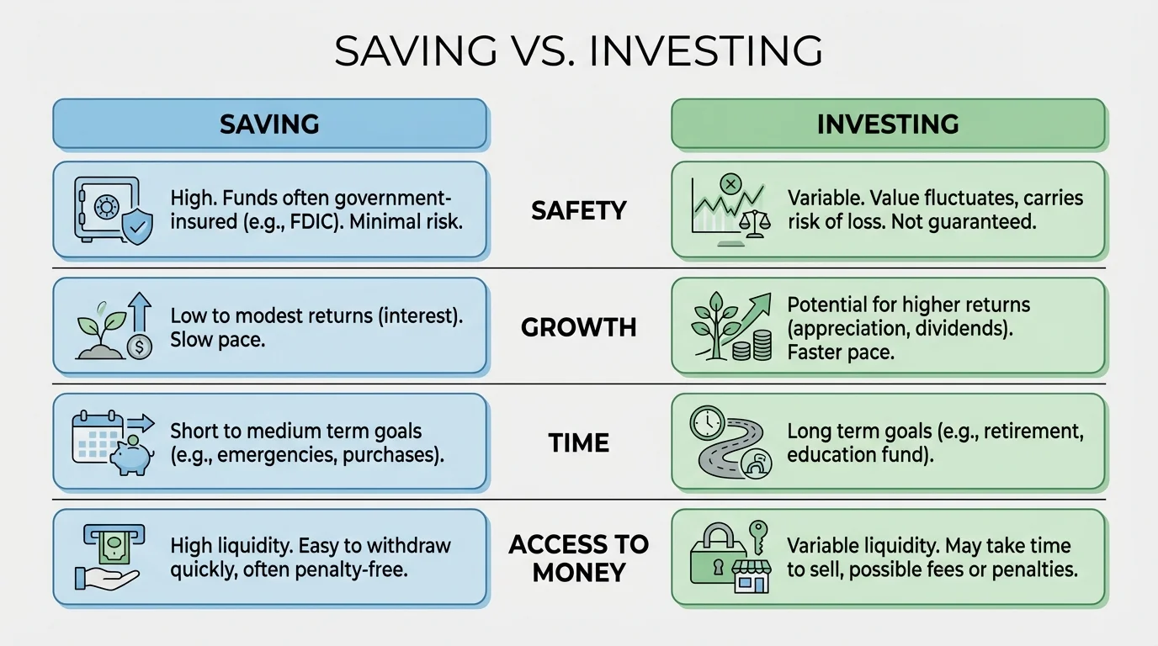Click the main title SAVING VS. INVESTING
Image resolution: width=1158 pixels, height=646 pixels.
(578, 51)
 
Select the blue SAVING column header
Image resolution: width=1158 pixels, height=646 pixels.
(269, 124)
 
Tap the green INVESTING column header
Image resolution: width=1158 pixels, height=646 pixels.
(888, 124)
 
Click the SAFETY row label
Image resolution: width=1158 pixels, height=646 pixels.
(579, 210)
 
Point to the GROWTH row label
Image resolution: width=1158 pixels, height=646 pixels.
(579, 326)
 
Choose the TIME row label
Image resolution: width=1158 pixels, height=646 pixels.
(579, 442)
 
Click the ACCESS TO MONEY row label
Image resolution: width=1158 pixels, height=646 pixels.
(579, 558)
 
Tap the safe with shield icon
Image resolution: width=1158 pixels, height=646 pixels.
(112, 210)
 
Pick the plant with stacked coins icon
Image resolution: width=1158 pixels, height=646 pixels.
(730, 326)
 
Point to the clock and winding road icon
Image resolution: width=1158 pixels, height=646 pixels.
(729, 442)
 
